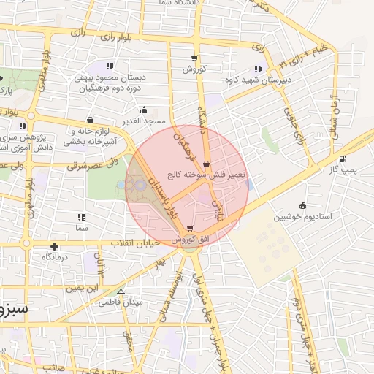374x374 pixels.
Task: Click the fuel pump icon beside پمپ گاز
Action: (343, 159)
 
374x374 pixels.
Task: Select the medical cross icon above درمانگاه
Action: (55, 246)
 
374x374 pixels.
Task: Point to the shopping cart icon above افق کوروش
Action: (191, 229)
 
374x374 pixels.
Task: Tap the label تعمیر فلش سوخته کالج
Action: (208, 175)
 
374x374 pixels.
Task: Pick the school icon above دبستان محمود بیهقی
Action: (110, 66)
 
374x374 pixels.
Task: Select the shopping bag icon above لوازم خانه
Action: (90, 120)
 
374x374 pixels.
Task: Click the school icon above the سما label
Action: (80, 217)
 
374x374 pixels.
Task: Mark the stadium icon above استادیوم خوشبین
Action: (302, 205)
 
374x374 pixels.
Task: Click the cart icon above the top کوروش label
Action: (194, 58)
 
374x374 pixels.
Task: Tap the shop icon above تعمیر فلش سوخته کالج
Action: (207, 164)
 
